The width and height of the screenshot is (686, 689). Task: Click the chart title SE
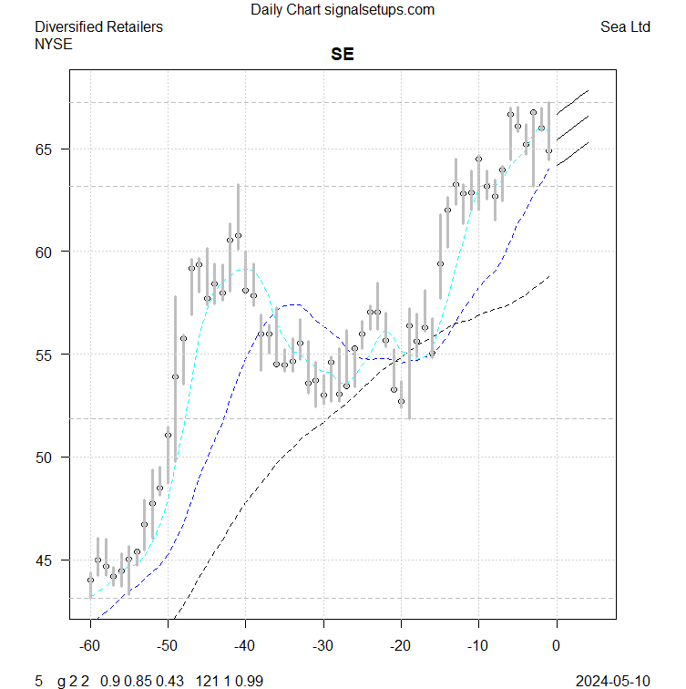point(343,55)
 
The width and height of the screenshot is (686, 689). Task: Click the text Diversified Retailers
point(98,27)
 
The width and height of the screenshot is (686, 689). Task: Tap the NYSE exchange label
point(53,43)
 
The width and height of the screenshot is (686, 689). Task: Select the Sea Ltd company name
point(625,27)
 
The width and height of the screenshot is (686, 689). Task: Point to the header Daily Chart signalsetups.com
point(343,10)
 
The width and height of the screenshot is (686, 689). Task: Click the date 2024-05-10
point(613,681)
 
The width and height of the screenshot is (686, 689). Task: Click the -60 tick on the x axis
point(90,646)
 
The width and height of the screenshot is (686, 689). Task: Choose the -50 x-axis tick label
point(168,646)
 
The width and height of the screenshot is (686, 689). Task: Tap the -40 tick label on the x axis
point(245,646)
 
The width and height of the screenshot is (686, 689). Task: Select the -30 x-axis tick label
point(323,646)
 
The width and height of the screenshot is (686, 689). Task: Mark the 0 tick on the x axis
point(557,646)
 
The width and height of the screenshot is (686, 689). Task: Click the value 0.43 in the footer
point(169,681)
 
